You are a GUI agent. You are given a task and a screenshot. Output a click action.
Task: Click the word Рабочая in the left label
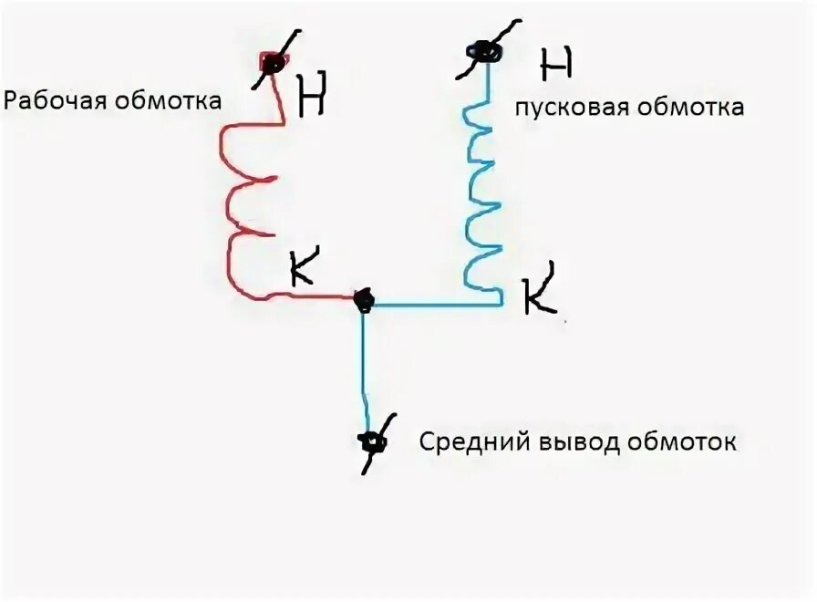(x=57, y=99)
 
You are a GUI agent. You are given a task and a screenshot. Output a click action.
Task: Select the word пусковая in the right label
(x=560, y=108)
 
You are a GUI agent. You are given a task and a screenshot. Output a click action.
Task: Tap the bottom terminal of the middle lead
(x=371, y=443)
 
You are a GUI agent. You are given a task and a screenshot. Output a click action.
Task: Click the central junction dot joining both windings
(x=363, y=298)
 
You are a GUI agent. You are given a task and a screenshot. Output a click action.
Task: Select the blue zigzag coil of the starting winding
(x=481, y=196)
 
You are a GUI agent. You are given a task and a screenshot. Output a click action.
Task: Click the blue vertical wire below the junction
(x=364, y=365)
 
